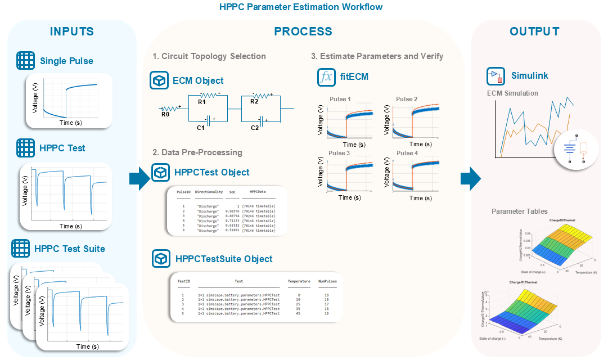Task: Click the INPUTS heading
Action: tap(72, 31)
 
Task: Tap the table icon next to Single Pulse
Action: tap(25, 61)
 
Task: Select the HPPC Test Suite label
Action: tap(69, 249)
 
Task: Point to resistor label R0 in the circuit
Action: tap(165, 114)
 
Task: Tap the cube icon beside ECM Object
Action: tap(160, 80)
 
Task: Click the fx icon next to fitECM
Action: tap(326, 76)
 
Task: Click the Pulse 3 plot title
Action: tap(340, 153)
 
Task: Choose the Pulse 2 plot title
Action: tap(407, 99)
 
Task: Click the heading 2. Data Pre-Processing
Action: tap(197, 152)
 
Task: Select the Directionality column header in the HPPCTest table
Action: tap(209, 192)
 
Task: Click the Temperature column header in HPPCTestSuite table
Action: tap(299, 281)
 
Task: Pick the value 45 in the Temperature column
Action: tap(299, 313)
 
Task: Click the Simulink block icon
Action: tap(496, 76)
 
